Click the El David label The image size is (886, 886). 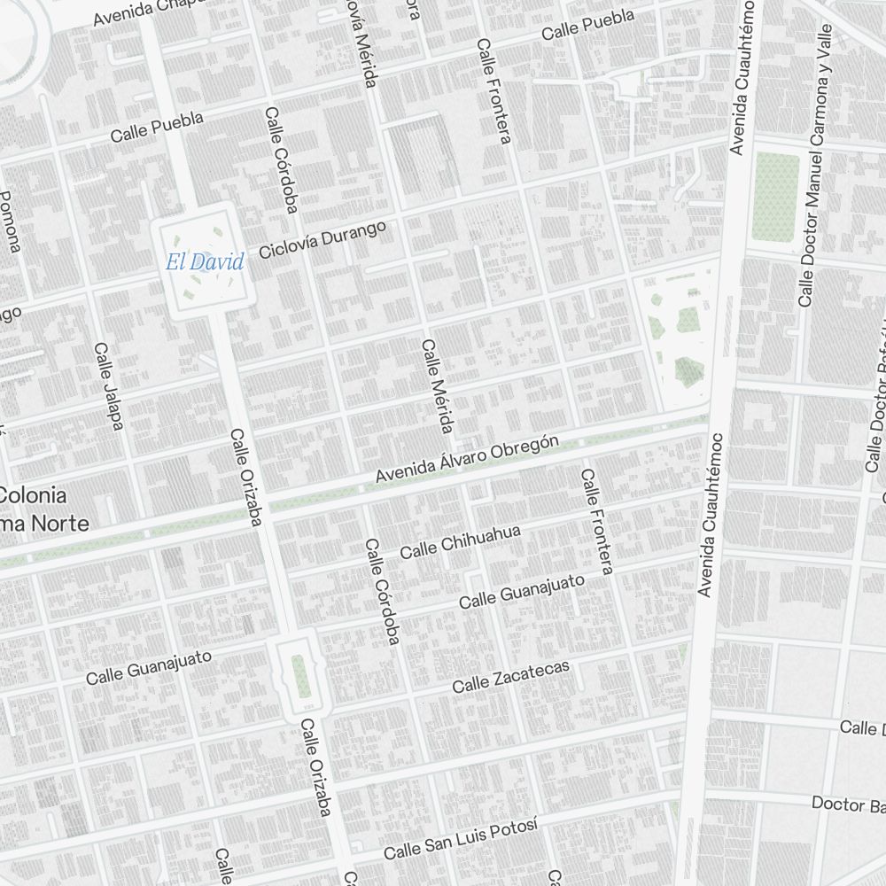(x=204, y=261)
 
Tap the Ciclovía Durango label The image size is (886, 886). (x=323, y=240)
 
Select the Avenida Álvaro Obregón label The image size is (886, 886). (x=467, y=459)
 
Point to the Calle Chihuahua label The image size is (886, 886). (x=460, y=541)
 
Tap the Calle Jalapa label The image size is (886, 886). (x=108, y=386)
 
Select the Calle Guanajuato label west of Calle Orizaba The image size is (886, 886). (x=149, y=666)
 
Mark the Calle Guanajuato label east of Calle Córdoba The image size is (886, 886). (x=522, y=591)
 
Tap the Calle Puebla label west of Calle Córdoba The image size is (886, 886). (x=157, y=128)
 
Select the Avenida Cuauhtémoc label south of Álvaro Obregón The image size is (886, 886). (x=711, y=514)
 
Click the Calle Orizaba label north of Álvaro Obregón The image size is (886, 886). (x=244, y=478)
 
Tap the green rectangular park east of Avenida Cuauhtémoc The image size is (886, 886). (x=775, y=196)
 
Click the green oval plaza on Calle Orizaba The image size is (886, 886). (x=301, y=675)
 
